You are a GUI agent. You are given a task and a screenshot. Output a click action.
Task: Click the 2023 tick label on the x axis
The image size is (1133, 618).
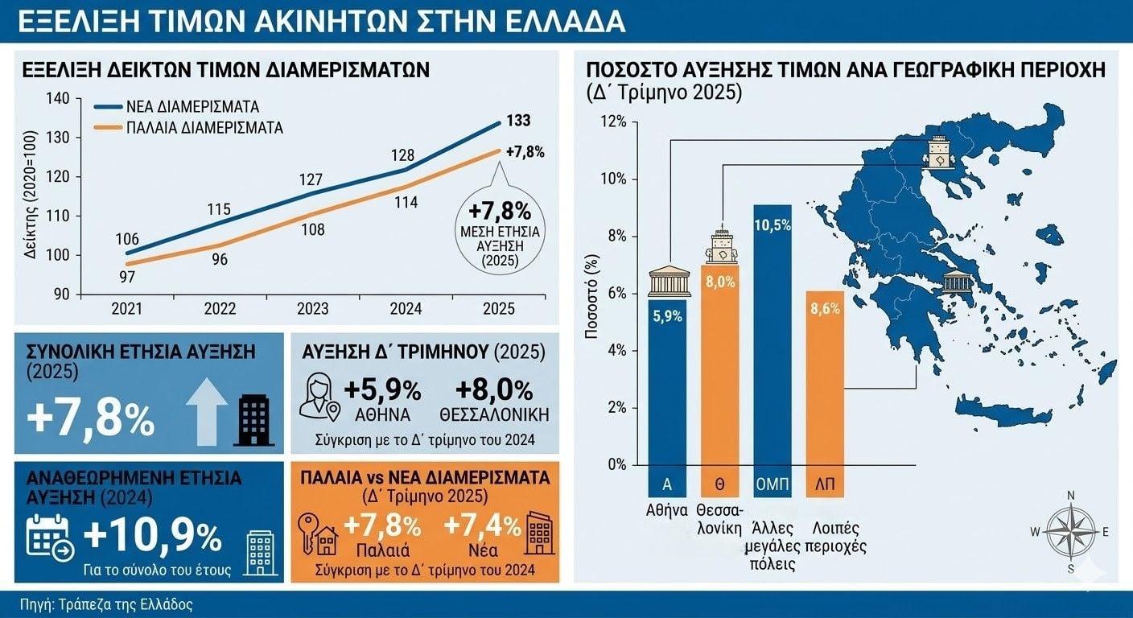(x=313, y=309)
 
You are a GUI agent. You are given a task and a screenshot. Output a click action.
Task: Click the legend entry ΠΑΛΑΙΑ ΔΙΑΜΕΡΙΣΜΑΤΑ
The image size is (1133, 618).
(x=204, y=127)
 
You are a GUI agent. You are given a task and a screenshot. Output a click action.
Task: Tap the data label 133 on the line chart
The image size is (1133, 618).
(x=517, y=122)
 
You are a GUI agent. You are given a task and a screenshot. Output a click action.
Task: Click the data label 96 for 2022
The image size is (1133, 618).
(x=219, y=260)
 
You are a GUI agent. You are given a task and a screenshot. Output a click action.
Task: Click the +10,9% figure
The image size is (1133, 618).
(x=152, y=535)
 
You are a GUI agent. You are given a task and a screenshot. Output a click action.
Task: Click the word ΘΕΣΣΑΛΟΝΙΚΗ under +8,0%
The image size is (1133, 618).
(x=494, y=415)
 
